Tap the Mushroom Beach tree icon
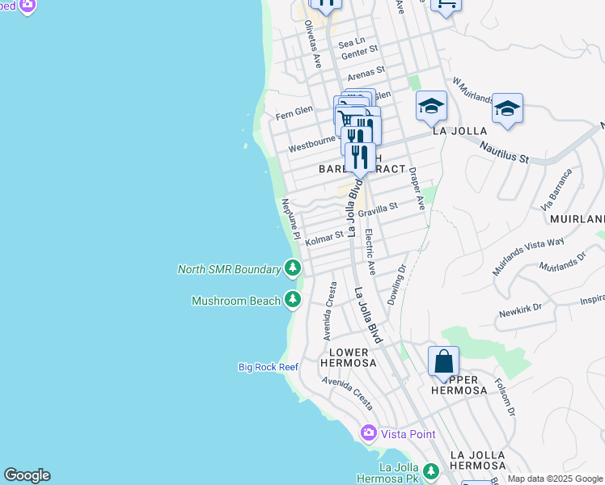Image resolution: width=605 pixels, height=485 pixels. pyautogui.click(x=293, y=301)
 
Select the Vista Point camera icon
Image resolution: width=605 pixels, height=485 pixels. pyautogui.click(x=369, y=433)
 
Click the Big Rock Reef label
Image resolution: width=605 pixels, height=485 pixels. pyautogui.click(x=269, y=367)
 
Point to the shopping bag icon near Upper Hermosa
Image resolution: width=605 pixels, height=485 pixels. pyautogui.click(x=444, y=361)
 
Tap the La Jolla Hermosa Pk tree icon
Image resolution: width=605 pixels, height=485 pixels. pyautogui.click(x=430, y=470)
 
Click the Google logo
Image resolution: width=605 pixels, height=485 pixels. pyautogui.click(x=27, y=475)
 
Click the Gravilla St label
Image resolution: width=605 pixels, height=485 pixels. pyautogui.click(x=379, y=210)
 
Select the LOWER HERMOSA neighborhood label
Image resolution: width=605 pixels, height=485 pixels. pyautogui.click(x=350, y=357)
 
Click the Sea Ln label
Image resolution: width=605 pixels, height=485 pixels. pyautogui.click(x=352, y=42)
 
